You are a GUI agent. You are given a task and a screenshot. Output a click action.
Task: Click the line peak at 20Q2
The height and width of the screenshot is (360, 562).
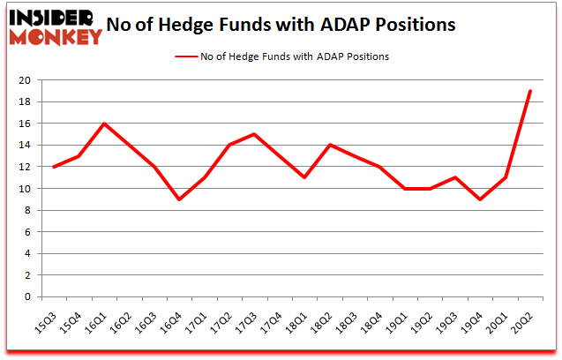click(529, 91)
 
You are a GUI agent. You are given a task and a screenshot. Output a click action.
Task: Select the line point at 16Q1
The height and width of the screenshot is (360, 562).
click(104, 124)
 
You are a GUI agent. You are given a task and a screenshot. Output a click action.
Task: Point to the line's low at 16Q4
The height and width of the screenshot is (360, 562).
click(179, 199)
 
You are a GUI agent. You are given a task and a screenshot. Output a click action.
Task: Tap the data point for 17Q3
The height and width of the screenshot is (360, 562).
click(254, 134)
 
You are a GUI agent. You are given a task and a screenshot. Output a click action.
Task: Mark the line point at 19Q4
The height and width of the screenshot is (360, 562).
click(479, 199)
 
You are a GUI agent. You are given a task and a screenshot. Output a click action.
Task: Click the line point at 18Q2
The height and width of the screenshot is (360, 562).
click(329, 145)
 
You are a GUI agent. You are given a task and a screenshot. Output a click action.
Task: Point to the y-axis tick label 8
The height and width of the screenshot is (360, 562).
click(27, 210)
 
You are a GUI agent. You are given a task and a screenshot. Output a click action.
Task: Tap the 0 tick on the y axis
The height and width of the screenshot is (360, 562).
click(27, 296)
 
